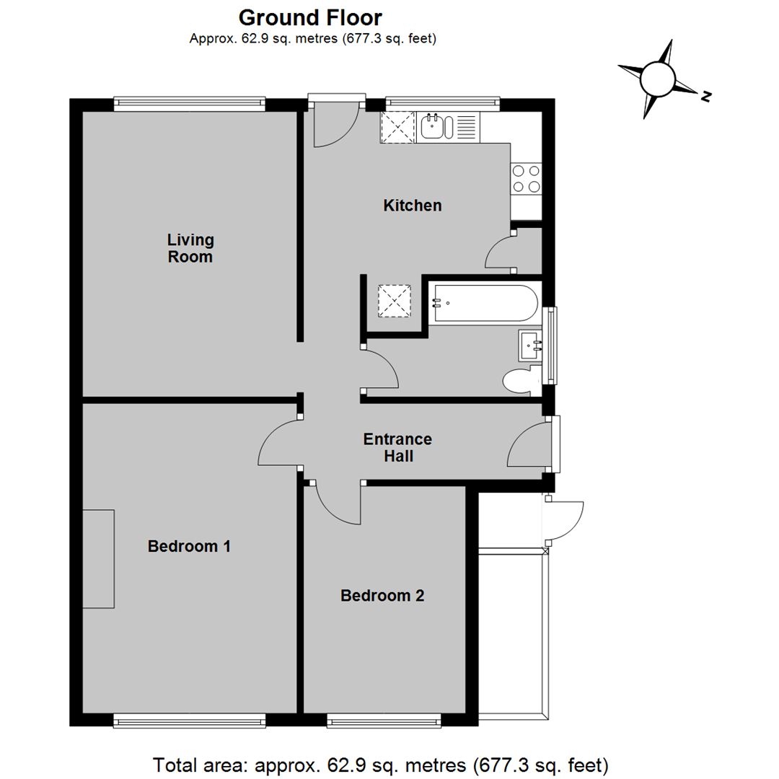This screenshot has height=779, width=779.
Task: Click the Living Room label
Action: click(190, 247)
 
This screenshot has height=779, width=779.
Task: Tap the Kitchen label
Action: click(412, 206)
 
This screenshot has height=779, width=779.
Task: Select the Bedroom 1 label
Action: click(189, 546)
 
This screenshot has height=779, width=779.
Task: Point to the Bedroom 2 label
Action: click(382, 596)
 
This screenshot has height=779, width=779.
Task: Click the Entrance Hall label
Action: click(397, 447)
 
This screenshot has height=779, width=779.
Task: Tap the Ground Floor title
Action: click(310, 17)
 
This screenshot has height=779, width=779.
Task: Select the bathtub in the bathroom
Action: click(484, 303)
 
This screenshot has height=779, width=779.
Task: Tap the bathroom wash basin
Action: click(530, 346)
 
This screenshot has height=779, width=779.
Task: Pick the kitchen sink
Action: click(435, 126)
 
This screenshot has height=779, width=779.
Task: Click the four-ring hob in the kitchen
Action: click(526, 179)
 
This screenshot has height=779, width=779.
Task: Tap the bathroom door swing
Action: click(379, 370)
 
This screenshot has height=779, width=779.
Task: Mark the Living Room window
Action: click(190, 103)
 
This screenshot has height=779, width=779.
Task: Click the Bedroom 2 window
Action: click(384, 720)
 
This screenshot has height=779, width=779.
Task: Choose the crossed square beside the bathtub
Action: click(395, 301)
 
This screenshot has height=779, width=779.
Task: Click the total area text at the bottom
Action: click(382, 763)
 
